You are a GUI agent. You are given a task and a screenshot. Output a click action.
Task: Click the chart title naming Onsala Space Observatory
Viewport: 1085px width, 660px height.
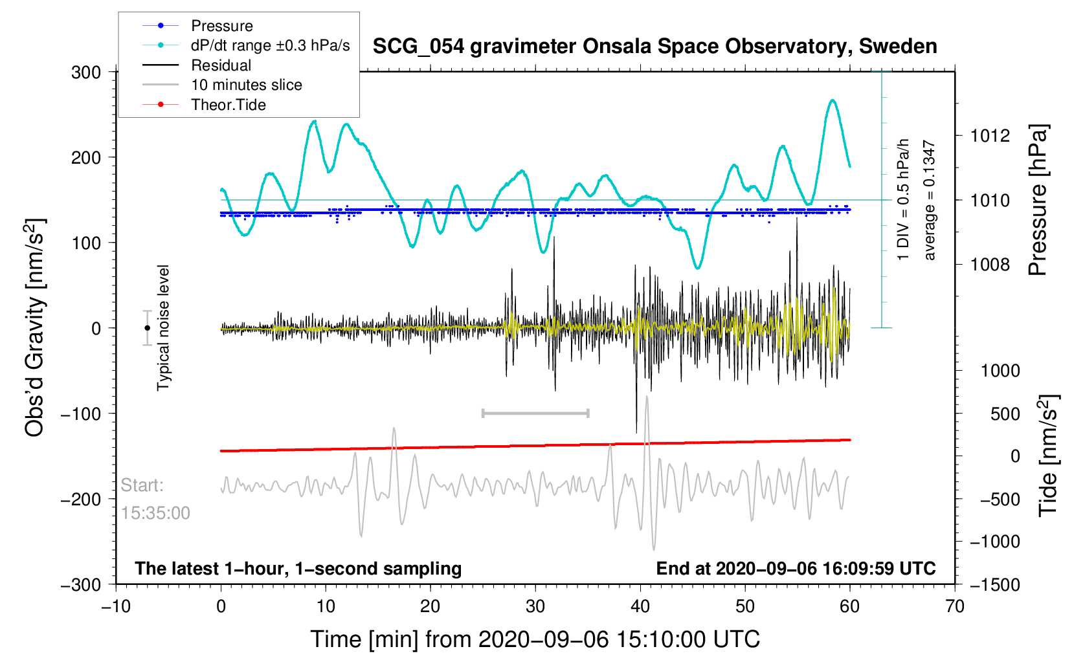click(x=654, y=47)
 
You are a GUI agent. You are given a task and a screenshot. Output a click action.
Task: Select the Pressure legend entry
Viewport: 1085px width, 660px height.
click(x=221, y=26)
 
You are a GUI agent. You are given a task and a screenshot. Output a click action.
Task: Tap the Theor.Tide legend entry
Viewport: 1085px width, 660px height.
click(x=228, y=105)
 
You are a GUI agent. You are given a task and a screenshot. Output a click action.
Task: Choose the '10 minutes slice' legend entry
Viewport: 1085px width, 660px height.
click(x=246, y=85)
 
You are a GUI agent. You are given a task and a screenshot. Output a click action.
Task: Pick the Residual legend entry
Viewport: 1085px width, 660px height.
click(x=221, y=65)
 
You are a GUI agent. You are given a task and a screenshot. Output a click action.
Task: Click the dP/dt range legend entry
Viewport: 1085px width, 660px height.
click(x=270, y=45)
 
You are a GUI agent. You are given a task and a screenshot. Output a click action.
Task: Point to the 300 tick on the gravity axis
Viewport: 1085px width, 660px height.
click(x=86, y=72)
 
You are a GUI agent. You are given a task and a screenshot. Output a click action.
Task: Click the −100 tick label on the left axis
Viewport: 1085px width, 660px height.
click(x=81, y=414)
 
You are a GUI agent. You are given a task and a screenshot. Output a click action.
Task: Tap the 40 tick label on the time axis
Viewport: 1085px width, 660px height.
click(x=640, y=606)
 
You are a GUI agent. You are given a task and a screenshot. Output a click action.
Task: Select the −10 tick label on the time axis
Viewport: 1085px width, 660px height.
click(x=116, y=606)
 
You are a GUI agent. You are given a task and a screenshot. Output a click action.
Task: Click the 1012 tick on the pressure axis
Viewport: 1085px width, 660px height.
click(x=990, y=136)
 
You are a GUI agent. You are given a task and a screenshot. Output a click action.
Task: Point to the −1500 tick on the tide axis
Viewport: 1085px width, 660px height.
click(x=994, y=584)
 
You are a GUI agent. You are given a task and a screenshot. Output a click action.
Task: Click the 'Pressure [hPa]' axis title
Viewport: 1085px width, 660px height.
click(x=1038, y=201)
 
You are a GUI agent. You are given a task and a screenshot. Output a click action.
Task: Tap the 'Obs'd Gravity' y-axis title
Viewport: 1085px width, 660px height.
click(x=35, y=327)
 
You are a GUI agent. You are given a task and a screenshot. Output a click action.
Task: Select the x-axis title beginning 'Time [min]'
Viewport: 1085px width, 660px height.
click(x=535, y=639)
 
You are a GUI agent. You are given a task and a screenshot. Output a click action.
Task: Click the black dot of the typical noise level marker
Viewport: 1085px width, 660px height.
click(x=148, y=328)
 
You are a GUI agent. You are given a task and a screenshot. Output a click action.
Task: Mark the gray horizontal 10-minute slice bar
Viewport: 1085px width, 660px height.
click(x=535, y=413)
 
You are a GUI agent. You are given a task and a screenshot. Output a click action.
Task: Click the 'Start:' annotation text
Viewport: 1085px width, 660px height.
click(x=142, y=485)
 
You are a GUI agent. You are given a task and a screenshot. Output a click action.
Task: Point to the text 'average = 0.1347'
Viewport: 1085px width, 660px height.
click(x=930, y=201)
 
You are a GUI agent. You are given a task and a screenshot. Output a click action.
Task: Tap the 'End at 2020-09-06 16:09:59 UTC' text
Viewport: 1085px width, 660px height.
click(x=796, y=569)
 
